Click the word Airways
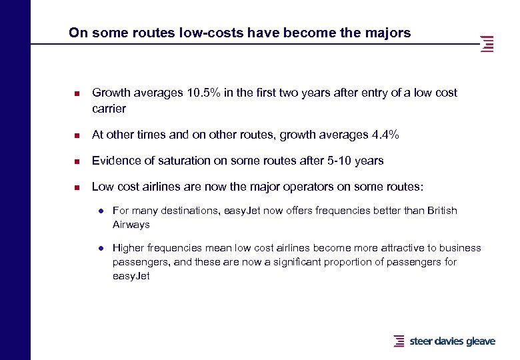(131, 225)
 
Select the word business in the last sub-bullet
(460, 248)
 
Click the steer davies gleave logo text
(452, 341)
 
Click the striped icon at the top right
(487, 43)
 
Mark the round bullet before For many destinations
(100, 211)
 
